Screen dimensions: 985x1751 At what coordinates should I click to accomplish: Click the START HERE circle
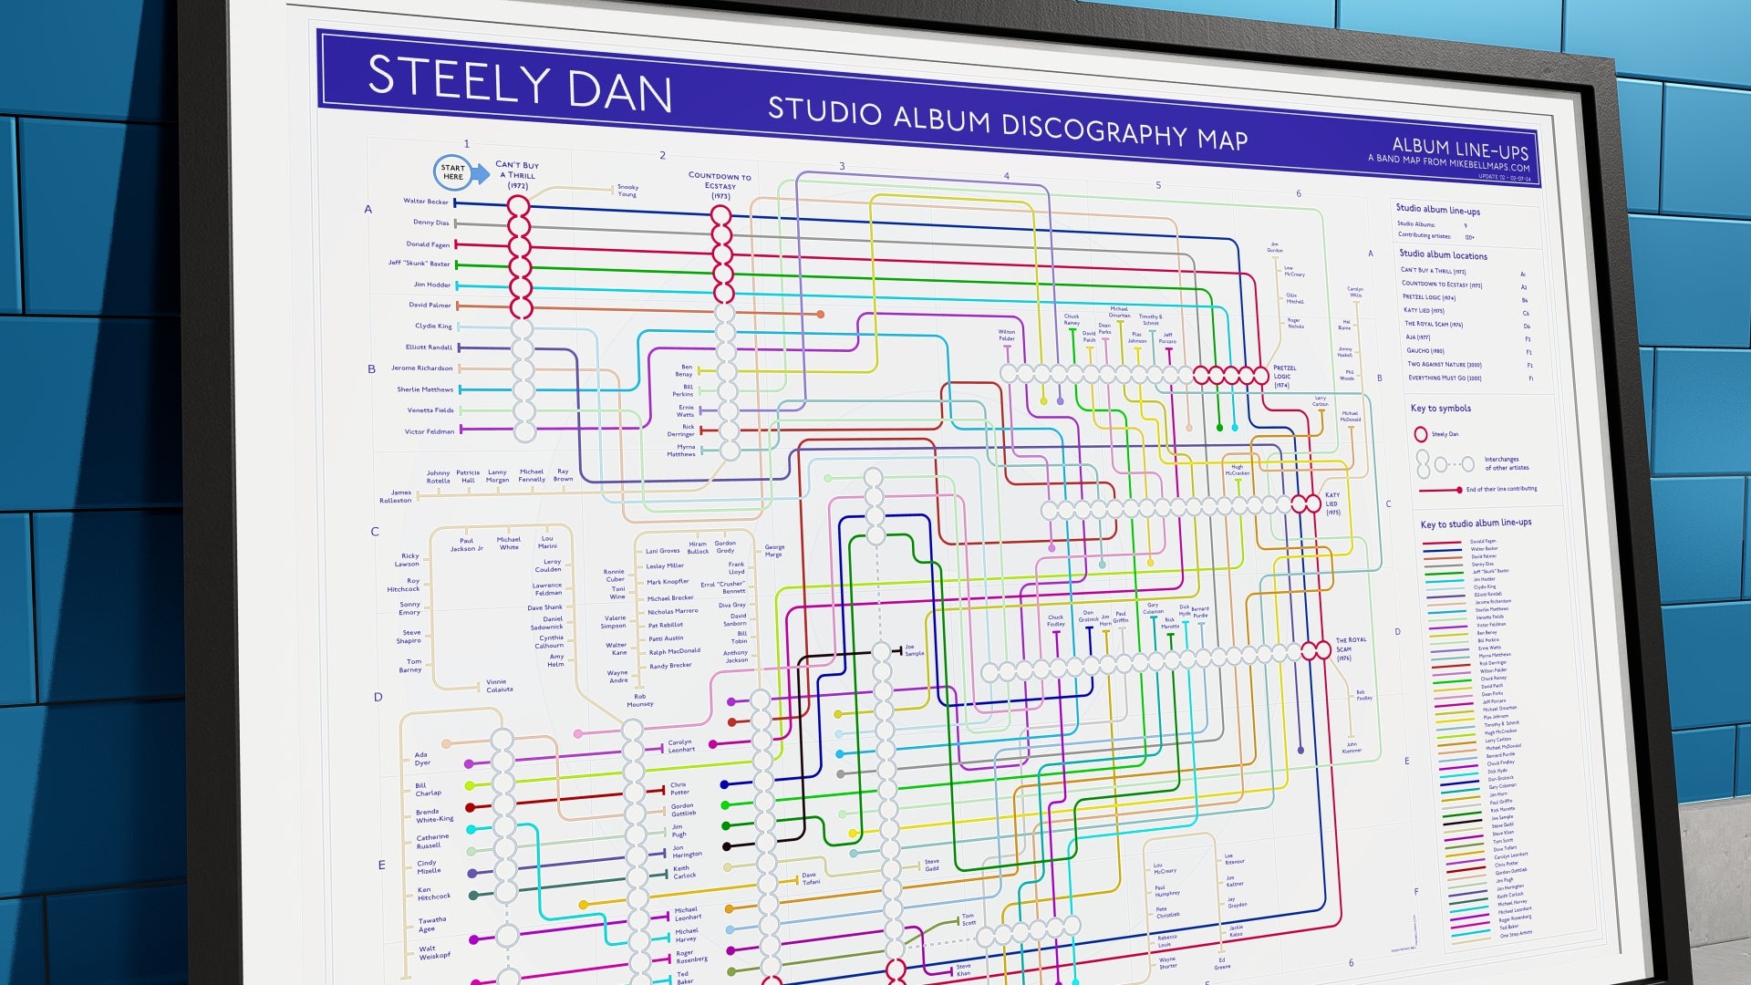tap(453, 171)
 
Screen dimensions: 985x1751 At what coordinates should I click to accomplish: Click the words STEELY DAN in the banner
tap(519, 85)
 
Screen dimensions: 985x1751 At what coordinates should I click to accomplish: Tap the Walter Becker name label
tap(426, 202)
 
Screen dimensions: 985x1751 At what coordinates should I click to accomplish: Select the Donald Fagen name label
tap(428, 244)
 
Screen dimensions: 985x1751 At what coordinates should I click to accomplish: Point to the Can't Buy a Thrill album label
tap(517, 175)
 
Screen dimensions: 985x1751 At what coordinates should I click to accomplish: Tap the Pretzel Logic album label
tap(1284, 377)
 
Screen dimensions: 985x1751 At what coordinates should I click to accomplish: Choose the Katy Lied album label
tap(1331, 504)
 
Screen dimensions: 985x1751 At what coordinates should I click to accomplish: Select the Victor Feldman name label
tap(429, 431)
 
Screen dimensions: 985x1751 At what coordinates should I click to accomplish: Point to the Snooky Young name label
tap(627, 191)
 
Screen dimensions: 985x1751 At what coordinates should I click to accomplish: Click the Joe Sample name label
tap(914, 650)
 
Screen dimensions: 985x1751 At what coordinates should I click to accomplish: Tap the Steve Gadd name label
tap(931, 865)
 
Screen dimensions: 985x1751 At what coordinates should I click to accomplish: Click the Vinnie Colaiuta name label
tap(499, 686)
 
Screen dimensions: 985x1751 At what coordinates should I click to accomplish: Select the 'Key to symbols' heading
tap(1440, 409)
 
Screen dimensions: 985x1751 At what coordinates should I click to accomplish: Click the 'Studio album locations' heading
tap(1443, 255)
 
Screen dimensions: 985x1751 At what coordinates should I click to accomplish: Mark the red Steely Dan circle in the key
tap(1420, 435)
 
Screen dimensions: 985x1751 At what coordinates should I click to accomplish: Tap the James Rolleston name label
tap(396, 496)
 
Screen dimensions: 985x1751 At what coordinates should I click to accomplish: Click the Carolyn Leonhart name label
tap(680, 746)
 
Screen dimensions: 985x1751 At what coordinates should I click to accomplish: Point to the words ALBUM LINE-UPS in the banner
tap(1459, 148)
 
